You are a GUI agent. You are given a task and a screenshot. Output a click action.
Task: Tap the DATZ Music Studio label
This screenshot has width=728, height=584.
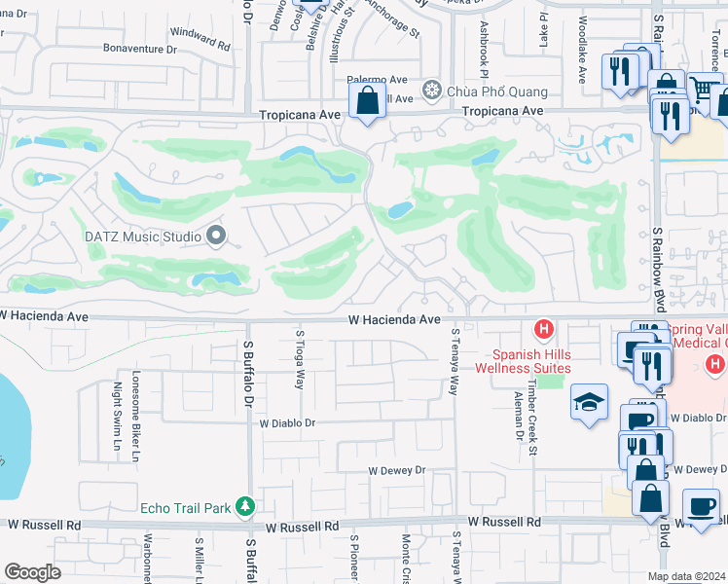pos(141,237)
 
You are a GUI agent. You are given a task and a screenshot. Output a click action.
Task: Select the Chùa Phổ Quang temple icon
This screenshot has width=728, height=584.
pos(431,91)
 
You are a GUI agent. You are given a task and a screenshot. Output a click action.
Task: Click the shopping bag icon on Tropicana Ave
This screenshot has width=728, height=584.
pos(368,100)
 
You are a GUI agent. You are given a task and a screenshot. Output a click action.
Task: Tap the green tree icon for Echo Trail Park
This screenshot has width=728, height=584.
pos(246,506)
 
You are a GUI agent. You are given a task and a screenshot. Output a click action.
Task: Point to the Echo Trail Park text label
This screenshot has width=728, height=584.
pos(185,507)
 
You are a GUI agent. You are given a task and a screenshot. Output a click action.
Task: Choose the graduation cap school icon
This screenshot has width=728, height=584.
pos(589,403)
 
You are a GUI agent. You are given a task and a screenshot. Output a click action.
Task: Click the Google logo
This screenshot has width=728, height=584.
pos(32,572)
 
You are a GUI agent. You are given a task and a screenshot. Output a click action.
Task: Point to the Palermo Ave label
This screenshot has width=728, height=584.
pos(377,80)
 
